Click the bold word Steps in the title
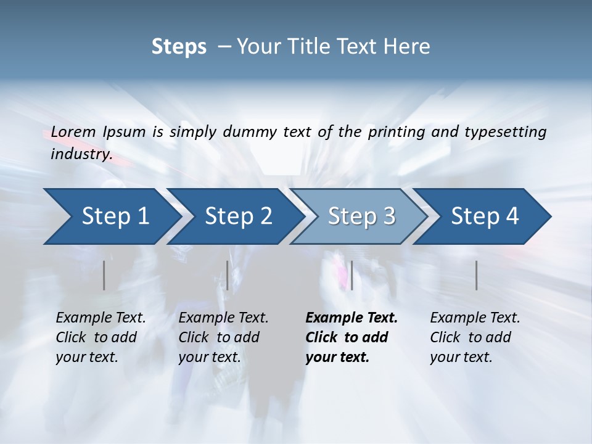(179, 47)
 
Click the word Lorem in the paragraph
(73, 132)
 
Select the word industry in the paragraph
(81, 154)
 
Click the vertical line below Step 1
(104, 275)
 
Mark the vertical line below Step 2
(228, 275)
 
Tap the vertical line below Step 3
(351, 275)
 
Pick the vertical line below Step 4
(477, 275)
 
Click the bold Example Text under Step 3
(351, 318)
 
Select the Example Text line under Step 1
(101, 318)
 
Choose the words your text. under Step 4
(461, 357)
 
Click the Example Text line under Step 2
(223, 318)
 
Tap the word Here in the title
(409, 47)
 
